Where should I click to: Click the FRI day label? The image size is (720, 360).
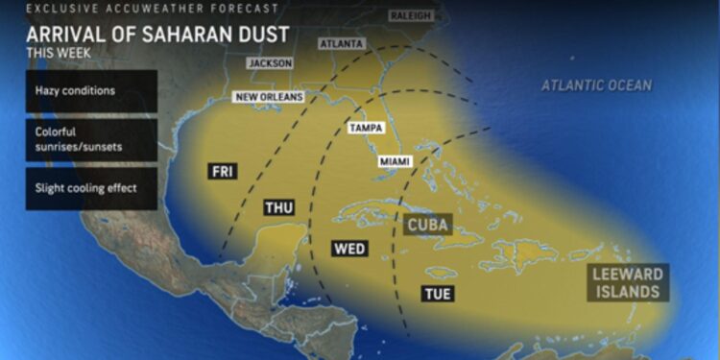click(x=223, y=171)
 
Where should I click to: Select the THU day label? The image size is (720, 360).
click(x=278, y=206)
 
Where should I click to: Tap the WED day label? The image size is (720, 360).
click(x=349, y=249)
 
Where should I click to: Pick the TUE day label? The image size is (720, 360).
click(x=436, y=293)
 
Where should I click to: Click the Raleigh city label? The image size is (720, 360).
click(x=411, y=16)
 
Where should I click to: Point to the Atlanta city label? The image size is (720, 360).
click(x=342, y=44)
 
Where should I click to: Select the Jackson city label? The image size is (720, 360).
click(x=270, y=63)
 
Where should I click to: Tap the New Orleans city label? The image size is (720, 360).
click(x=270, y=97)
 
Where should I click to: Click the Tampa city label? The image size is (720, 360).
click(x=366, y=128)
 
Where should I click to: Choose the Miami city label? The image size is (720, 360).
click(x=396, y=162)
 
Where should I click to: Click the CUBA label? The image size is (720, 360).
click(x=428, y=225)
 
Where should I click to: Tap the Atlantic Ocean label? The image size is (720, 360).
click(x=596, y=85)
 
